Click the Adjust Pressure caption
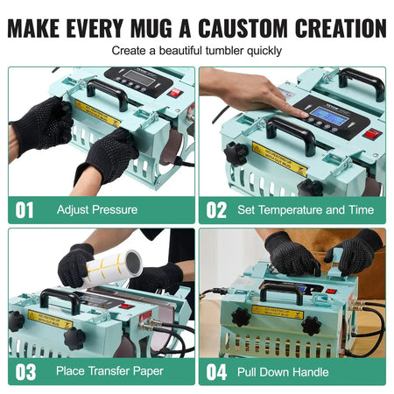tap(97, 210)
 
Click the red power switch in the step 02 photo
tap(373, 134)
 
